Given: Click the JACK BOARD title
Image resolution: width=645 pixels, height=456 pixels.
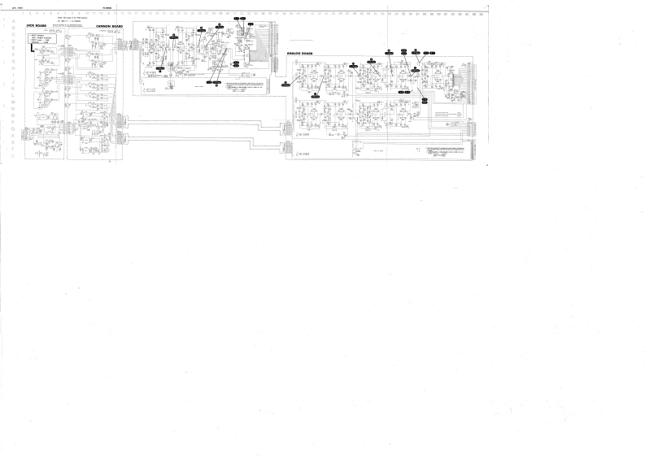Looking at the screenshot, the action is (36, 25).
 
